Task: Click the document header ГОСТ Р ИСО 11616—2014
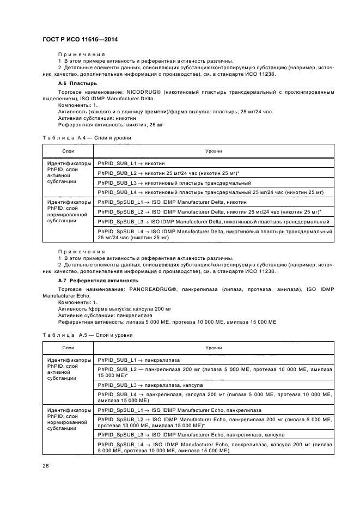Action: (x=80, y=40)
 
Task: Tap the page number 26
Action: (x=46, y=465)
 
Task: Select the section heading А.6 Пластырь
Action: (x=78, y=83)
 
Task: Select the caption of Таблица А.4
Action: (x=87, y=138)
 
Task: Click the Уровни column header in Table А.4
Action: (x=213, y=150)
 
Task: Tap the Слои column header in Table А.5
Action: (x=68, y=347)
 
